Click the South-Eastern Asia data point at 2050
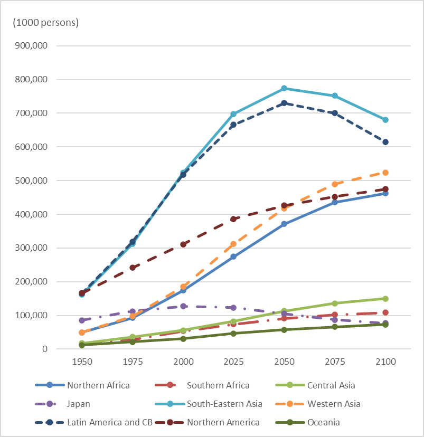284,88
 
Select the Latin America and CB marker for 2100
385,142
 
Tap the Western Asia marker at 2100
385,173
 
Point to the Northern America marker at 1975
133,268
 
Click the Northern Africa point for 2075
335,202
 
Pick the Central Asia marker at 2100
385,299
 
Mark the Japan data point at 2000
183,306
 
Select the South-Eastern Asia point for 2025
233,114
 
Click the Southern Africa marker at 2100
385,312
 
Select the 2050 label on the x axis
284,363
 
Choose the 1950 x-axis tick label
82,363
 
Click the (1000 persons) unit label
46,23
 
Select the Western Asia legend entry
334,404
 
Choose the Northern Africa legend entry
98,385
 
